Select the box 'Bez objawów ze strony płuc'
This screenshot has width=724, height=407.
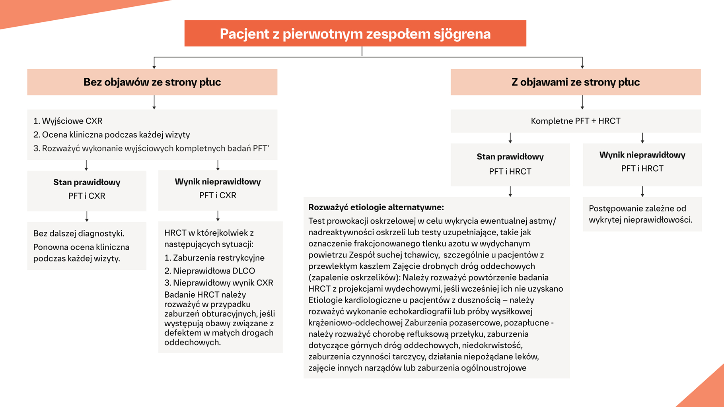point(152,82)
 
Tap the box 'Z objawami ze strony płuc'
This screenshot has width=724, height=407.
point(575,82)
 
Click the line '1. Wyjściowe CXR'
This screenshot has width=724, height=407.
point(68,121)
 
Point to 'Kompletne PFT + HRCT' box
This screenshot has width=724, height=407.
point(575,121)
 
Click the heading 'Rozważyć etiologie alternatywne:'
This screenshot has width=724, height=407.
point(376,207)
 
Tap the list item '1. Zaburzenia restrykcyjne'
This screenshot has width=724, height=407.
point(214,258)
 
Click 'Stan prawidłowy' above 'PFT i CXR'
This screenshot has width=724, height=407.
point(87,182)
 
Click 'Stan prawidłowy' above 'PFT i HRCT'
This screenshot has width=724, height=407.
point(510,157)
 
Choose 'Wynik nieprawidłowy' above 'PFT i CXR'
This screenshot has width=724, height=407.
point(218,182)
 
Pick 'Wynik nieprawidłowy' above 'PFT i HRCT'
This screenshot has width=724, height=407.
point(642,155)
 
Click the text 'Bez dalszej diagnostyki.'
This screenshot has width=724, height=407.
point(79,233)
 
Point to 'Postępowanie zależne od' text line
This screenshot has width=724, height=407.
point(637,208)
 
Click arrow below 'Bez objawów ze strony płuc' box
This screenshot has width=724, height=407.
point(154,102)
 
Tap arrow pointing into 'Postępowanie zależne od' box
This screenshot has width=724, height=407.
point(642,192)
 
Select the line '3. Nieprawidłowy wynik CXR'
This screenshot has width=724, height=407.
point(219,283)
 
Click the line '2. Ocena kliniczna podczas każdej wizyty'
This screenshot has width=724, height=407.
point(112,135)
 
